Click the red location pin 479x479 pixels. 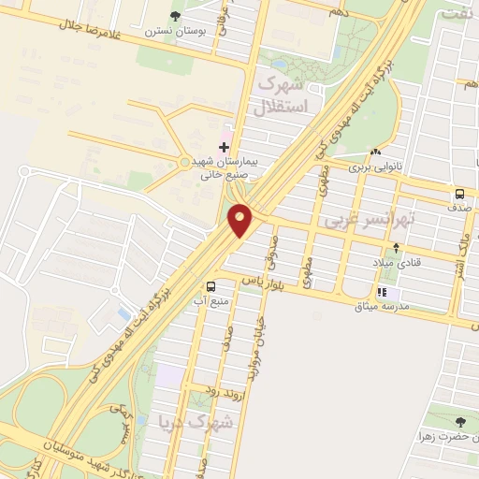click(241, 220)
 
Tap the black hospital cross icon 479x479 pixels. click(224, 147)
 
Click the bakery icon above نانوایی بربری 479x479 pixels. click(375, 152)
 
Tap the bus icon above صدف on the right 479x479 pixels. click(459, 194)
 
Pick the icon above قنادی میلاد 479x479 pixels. click(397, 248)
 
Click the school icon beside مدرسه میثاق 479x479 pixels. click(382, 293)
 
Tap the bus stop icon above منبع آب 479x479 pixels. click(210, 287)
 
